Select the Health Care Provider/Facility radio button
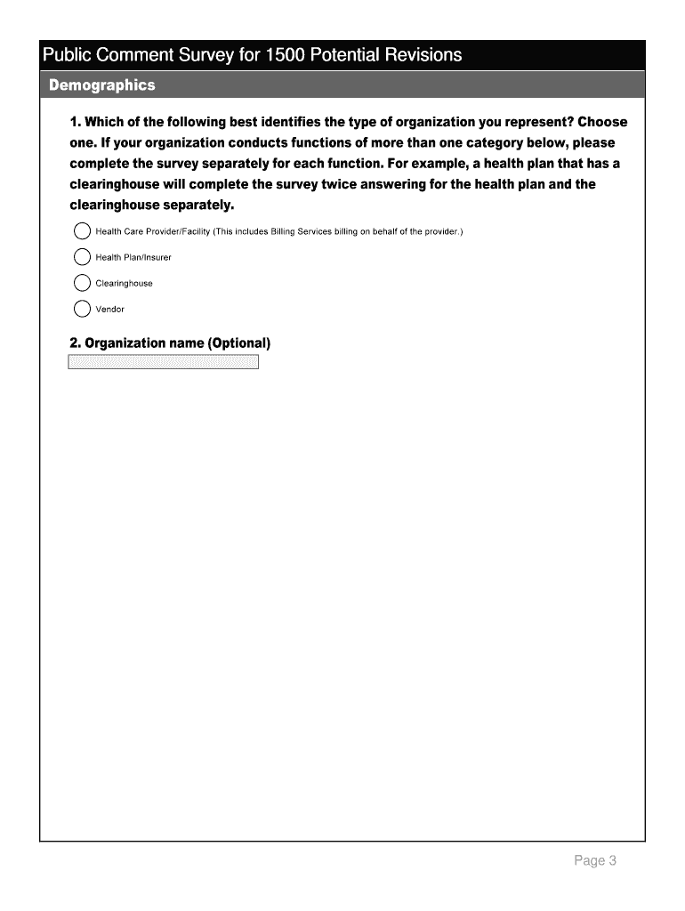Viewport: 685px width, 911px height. [82, 232]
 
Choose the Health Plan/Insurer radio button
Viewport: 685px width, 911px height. [82, 258]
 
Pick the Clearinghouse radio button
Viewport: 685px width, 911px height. [82, 284]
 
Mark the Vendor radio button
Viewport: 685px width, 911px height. [82, 310]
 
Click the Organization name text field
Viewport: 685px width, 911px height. [163, 362]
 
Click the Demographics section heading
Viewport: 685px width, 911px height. [102, 85]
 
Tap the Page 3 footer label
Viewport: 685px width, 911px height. [595, 860]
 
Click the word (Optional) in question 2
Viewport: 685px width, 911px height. [238, 343]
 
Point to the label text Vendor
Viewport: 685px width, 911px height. [110, 310]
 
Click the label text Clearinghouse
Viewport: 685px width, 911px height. [125, 284]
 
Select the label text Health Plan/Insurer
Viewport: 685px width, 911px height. [133, 258]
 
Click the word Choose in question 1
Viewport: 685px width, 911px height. [602, 122]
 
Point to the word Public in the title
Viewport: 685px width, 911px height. [65, 55]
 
